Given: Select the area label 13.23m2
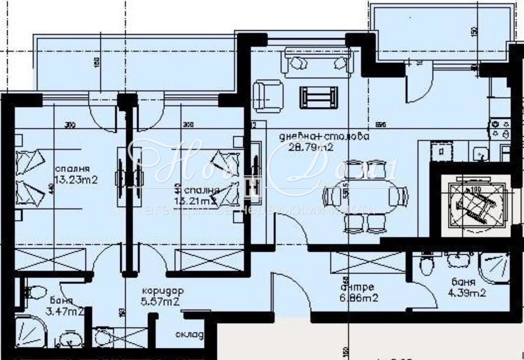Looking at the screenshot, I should (x=76, y=180).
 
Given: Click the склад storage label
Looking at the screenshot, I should (x=190, y=335).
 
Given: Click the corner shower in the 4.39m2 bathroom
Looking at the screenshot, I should (x=494, y=267).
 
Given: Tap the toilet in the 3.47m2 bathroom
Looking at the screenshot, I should (x=33, y=291).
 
